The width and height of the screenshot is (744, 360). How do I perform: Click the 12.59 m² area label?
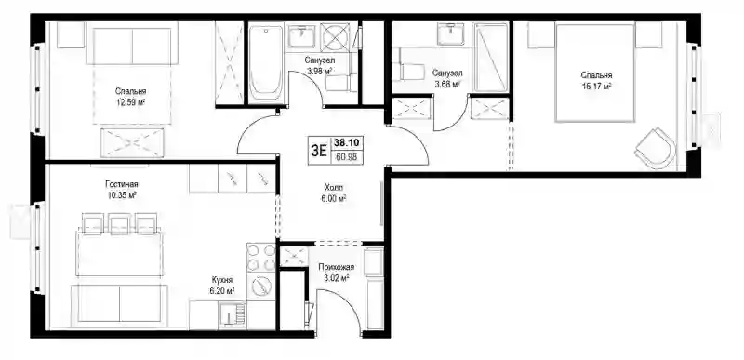click(130, 101)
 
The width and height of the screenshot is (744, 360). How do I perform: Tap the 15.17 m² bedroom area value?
click(596, 86)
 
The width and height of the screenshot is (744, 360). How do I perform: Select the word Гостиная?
click(123, 184)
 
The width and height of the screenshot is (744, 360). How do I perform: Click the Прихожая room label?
click(337, 268)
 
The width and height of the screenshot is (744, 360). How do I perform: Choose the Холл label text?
click(333, 188)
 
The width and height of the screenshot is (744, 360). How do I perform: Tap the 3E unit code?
click(318, 151)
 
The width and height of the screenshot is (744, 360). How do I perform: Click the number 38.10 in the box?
click(348, 141)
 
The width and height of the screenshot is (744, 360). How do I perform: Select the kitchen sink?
click(232, 315)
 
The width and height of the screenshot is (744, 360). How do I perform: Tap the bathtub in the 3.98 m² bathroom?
click(266, 62)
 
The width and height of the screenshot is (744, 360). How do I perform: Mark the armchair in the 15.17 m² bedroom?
click(656, 148)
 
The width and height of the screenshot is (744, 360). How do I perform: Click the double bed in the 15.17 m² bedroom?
click(595, 73)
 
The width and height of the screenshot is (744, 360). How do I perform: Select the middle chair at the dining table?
click(119, 223)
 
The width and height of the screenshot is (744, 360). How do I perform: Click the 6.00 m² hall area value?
click(333, 199)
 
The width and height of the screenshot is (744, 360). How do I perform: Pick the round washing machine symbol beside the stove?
click(260, 286)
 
